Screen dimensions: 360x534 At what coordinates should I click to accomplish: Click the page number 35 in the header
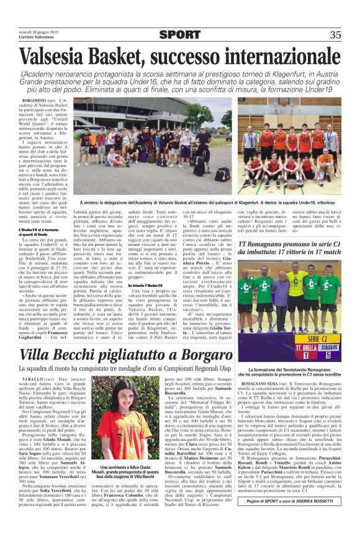point(335,35)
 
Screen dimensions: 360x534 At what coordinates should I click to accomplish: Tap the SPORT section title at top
point(179,35)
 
